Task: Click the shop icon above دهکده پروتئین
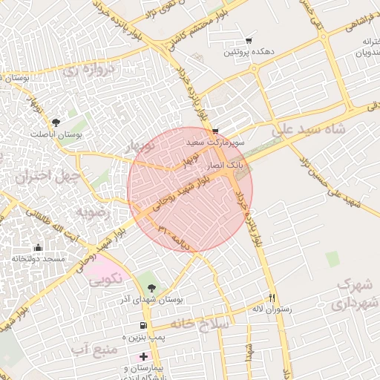pyautogui.click(x=248, y=42)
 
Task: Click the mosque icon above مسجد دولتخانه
pyautogui.click(x=38, y=248)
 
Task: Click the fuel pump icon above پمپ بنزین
pyautogui.click(x=142, y=326)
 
